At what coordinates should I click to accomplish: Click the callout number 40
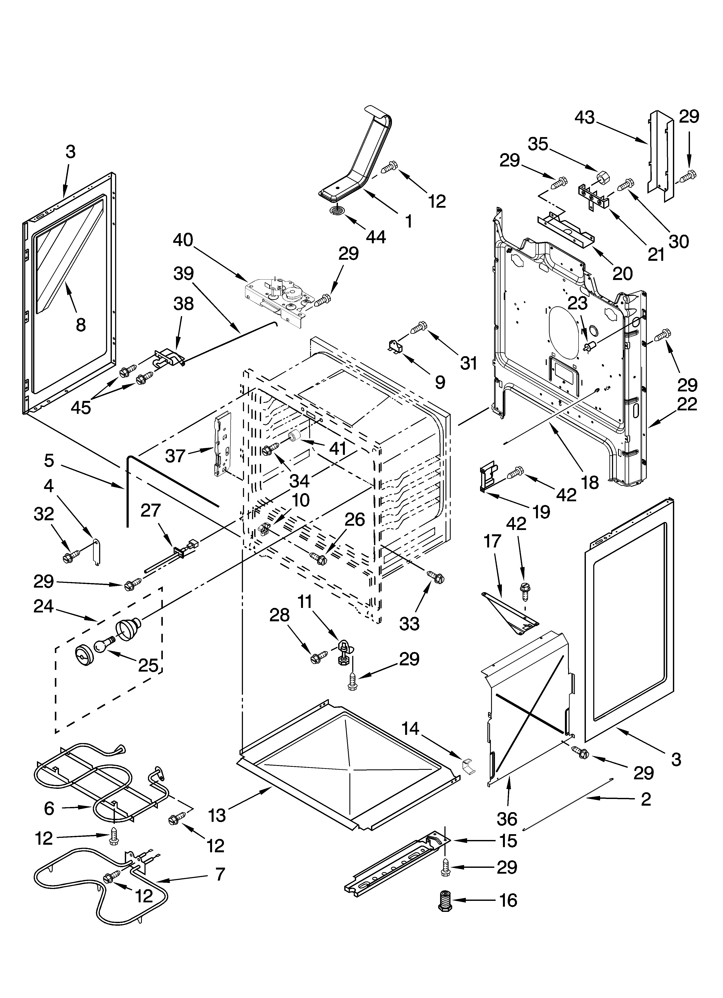(x=183, y=240)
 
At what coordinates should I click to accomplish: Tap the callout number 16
(x=508, y=901)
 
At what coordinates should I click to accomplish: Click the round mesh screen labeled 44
(x=337, y=211)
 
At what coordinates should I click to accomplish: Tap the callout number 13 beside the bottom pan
(x=217, y=815)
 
